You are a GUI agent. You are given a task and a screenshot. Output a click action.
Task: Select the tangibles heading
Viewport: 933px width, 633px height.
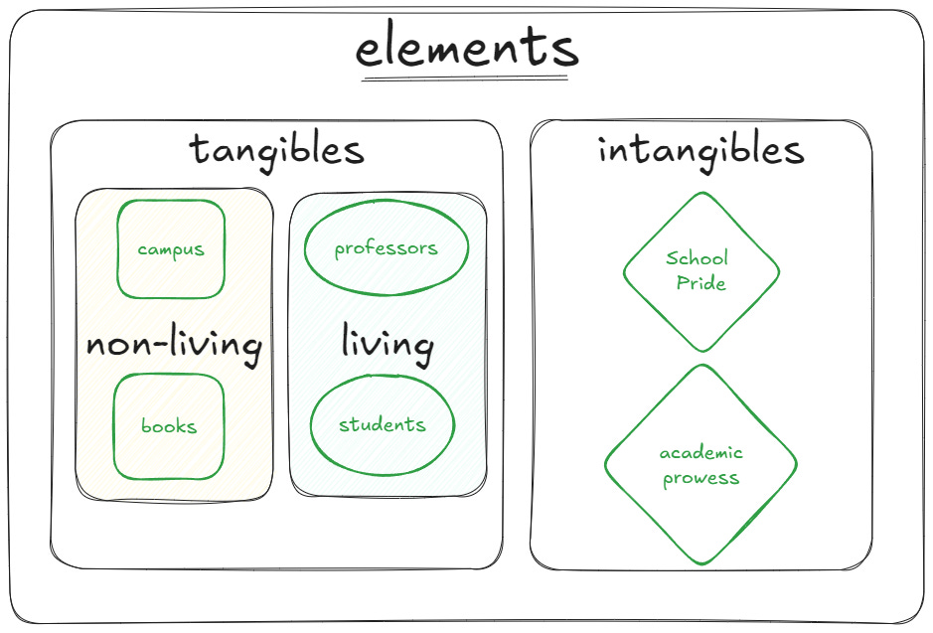[277, 150]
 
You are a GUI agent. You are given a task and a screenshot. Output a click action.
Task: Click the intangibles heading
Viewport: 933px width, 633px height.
[700, 150]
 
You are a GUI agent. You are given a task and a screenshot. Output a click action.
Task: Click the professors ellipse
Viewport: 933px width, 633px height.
[386, 273]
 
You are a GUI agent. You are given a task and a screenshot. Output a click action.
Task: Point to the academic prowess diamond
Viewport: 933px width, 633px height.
[700, 507]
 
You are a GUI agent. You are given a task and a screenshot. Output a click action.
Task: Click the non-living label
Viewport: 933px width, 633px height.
[174, 346]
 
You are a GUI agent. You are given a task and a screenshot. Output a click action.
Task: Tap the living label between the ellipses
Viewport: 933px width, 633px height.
[388, 344]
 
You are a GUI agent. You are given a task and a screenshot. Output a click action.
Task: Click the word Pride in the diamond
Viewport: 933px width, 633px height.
[701, 283]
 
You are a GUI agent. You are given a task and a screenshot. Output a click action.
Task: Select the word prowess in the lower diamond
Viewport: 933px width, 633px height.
[701, 478]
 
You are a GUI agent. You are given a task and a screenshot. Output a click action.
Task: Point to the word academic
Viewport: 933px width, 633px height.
[701, 453]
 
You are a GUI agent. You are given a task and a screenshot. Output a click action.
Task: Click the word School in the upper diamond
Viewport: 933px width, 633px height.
[697, 258]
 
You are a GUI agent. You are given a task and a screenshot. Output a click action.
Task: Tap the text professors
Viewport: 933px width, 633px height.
[386, 248]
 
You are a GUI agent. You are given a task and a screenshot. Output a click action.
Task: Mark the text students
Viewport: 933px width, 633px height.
[383, 425]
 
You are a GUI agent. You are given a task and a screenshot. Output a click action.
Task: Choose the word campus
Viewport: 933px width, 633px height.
[171, 248]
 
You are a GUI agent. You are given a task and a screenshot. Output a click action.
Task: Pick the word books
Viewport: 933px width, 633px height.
[169, 427]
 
